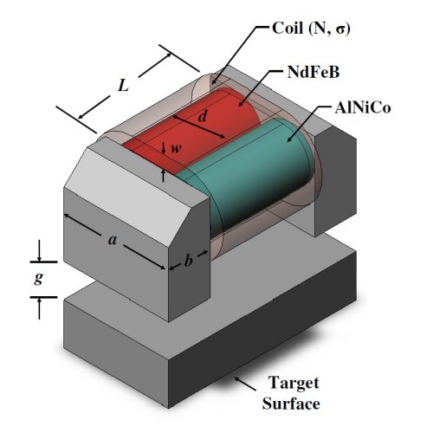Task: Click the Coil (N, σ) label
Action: click(x=311, y=29)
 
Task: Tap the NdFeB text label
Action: click(x=313, y=72)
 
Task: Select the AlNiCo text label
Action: click(x=363, y=108)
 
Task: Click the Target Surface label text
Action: click(x=292, y=393)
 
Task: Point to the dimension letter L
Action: click(x=123, y=86)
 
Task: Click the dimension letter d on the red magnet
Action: click(x=203, y=117)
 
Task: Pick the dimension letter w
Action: click(x=176, y=148)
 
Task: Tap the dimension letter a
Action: click(x=113, y=240)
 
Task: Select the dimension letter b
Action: click(x=188, y=261)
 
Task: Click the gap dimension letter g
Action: click(x=39, y=278)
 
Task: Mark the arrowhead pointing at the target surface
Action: click(x=237, y=379)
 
